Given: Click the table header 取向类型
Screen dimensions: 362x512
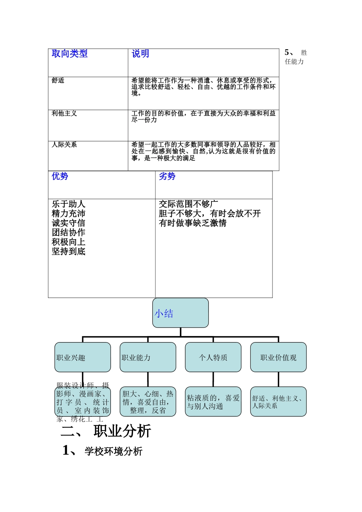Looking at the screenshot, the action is [x=70, y=54].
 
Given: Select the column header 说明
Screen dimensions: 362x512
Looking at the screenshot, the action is [x=140, y=54].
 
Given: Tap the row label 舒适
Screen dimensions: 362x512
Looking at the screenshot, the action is [x=58, y=80].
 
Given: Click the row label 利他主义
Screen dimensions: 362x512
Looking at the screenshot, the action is [x=64, y=114].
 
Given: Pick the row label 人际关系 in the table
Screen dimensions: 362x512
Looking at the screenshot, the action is [x=64, y=145].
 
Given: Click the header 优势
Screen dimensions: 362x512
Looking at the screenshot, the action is [x=60, y=176].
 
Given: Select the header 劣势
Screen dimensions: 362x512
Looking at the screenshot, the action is [x=167, y=176].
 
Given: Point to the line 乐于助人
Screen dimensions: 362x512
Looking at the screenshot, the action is [x=69, y=204].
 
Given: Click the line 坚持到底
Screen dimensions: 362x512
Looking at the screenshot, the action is [x=69, y=251].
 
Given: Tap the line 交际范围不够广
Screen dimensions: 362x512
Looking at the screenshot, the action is [x=188, y=204].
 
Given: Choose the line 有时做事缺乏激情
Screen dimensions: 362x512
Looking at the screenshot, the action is [x=192, y=223].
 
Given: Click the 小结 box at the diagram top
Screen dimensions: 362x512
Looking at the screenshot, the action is [x=180, y=313].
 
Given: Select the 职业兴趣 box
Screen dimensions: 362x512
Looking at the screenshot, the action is [x=83, y=357].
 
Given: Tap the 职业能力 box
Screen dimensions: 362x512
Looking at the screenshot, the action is [x=148, y=357].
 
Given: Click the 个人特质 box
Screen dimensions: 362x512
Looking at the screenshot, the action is [x=213, y=357].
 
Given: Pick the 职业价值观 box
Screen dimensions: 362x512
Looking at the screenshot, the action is [x=278, y=357].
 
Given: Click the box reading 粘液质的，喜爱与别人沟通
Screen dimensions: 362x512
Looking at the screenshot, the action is [x=213, y=402].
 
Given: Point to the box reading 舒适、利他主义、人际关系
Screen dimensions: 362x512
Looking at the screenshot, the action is [x=278, y=402].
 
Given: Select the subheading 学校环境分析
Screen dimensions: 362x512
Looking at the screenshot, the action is [x=114, y=451].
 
